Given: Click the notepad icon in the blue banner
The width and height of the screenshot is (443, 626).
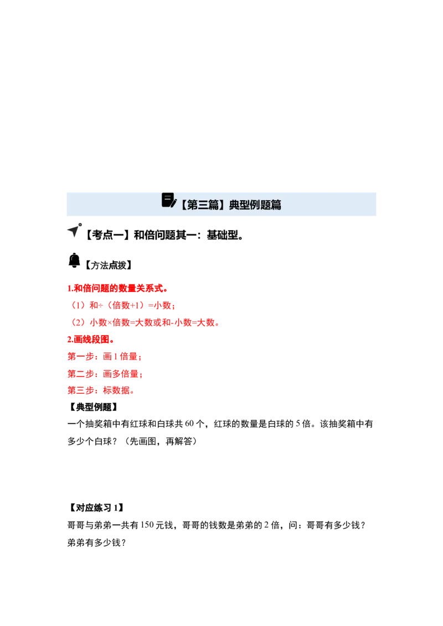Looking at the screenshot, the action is (169, 200).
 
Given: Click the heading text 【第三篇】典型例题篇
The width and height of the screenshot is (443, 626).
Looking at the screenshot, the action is (229, 205).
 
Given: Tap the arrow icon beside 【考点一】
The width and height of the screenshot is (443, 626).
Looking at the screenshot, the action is (74, 230).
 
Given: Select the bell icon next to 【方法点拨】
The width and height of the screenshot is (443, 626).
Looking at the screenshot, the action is (74, 260).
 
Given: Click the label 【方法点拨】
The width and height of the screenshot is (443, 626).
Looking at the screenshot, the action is (107, 265).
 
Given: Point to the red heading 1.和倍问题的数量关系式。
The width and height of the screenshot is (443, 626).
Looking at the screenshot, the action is (117, 288).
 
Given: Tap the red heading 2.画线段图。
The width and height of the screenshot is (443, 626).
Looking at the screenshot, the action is (91, 340).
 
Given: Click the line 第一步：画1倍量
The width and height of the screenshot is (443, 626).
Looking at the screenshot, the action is (104, 356).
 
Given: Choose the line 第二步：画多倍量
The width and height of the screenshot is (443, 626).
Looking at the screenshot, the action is (105, 374).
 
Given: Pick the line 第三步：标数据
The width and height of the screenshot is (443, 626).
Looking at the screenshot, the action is (101, 390).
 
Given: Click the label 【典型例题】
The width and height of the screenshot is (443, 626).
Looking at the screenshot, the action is (93, 407).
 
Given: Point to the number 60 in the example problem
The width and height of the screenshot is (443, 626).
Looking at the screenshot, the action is (189, 424).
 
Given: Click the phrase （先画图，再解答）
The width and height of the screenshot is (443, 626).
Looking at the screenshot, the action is (161, 441).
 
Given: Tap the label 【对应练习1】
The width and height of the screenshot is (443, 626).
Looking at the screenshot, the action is (96, 508).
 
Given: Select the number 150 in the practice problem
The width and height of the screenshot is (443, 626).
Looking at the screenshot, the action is (147, 525).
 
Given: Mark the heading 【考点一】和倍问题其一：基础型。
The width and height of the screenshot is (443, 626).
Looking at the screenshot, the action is (164, 235).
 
